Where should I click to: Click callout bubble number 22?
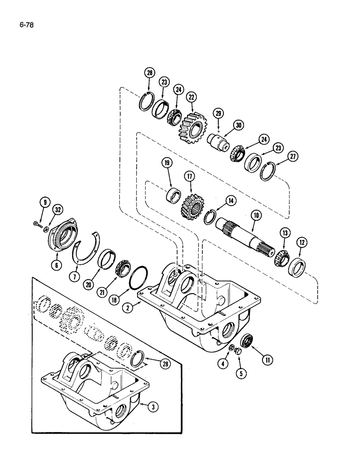pyautogui.click(x=191, y=97)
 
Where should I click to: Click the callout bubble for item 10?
pyautogui.click(x=255, y=216)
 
